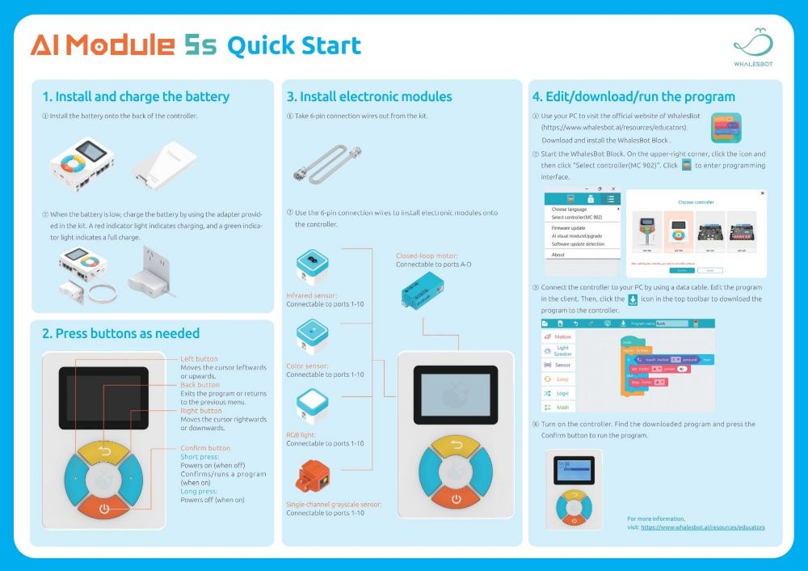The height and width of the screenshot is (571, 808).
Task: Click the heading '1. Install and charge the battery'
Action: tap(136, 97)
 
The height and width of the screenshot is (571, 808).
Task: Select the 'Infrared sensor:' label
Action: tap(311, 296)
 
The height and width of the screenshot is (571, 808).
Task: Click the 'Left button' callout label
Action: tap(199, 359)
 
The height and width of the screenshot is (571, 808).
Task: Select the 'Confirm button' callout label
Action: tap(205, 448)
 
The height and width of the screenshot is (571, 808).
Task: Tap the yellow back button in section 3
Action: tap(456, 446)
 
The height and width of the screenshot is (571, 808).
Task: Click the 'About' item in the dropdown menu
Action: tap(558, 255)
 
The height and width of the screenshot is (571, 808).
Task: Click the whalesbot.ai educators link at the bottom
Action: tap(702, 527)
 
